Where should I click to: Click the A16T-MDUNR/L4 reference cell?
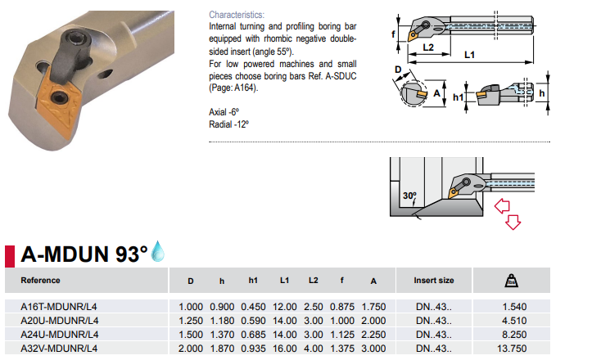pyautogui.click(x=58, y=307)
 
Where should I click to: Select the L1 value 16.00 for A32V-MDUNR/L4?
pyautogui.click(x=285, y=349)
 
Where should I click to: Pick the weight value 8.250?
pyautogui.click(x=514, y=335)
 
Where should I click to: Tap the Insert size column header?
pyautogui.click(x=433, y=281)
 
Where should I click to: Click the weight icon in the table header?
pyautogui.click(x=512, y=281)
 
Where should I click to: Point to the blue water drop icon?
pyautogui.click(x=157, y=251)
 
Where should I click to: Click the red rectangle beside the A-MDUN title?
pyautogui.click(x=10, y=256)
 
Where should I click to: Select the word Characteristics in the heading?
pyautogui.click(x=237, y=15)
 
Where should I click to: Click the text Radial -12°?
pyautogui.click(x=228, y=124)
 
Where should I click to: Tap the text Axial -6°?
pyautogui.click(x=224, y=112)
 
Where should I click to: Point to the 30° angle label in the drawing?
pyautogui.click(x=409, y=196)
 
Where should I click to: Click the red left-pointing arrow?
pyautogui.click(x=502, y=206)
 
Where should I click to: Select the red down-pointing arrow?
pyautogui.click(x=513, y=223)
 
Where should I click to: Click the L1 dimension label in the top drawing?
pyautogui.click(x=469, y=55)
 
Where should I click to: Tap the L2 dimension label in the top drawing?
pyautogui.click(x=428, y=47)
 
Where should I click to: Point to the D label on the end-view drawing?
pyautogui.click(x=398, y=70)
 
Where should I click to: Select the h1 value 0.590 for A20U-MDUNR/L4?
pyautogui.click(x=253, y=321)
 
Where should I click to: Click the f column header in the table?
pyautogui.click(x=342, y=280)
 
